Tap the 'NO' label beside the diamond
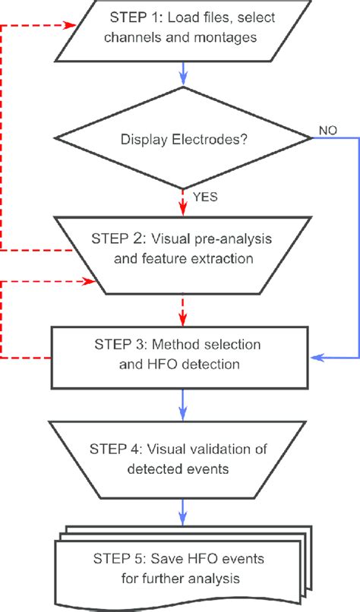[x=329, y=130]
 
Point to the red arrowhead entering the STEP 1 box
[x=74, y=24]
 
